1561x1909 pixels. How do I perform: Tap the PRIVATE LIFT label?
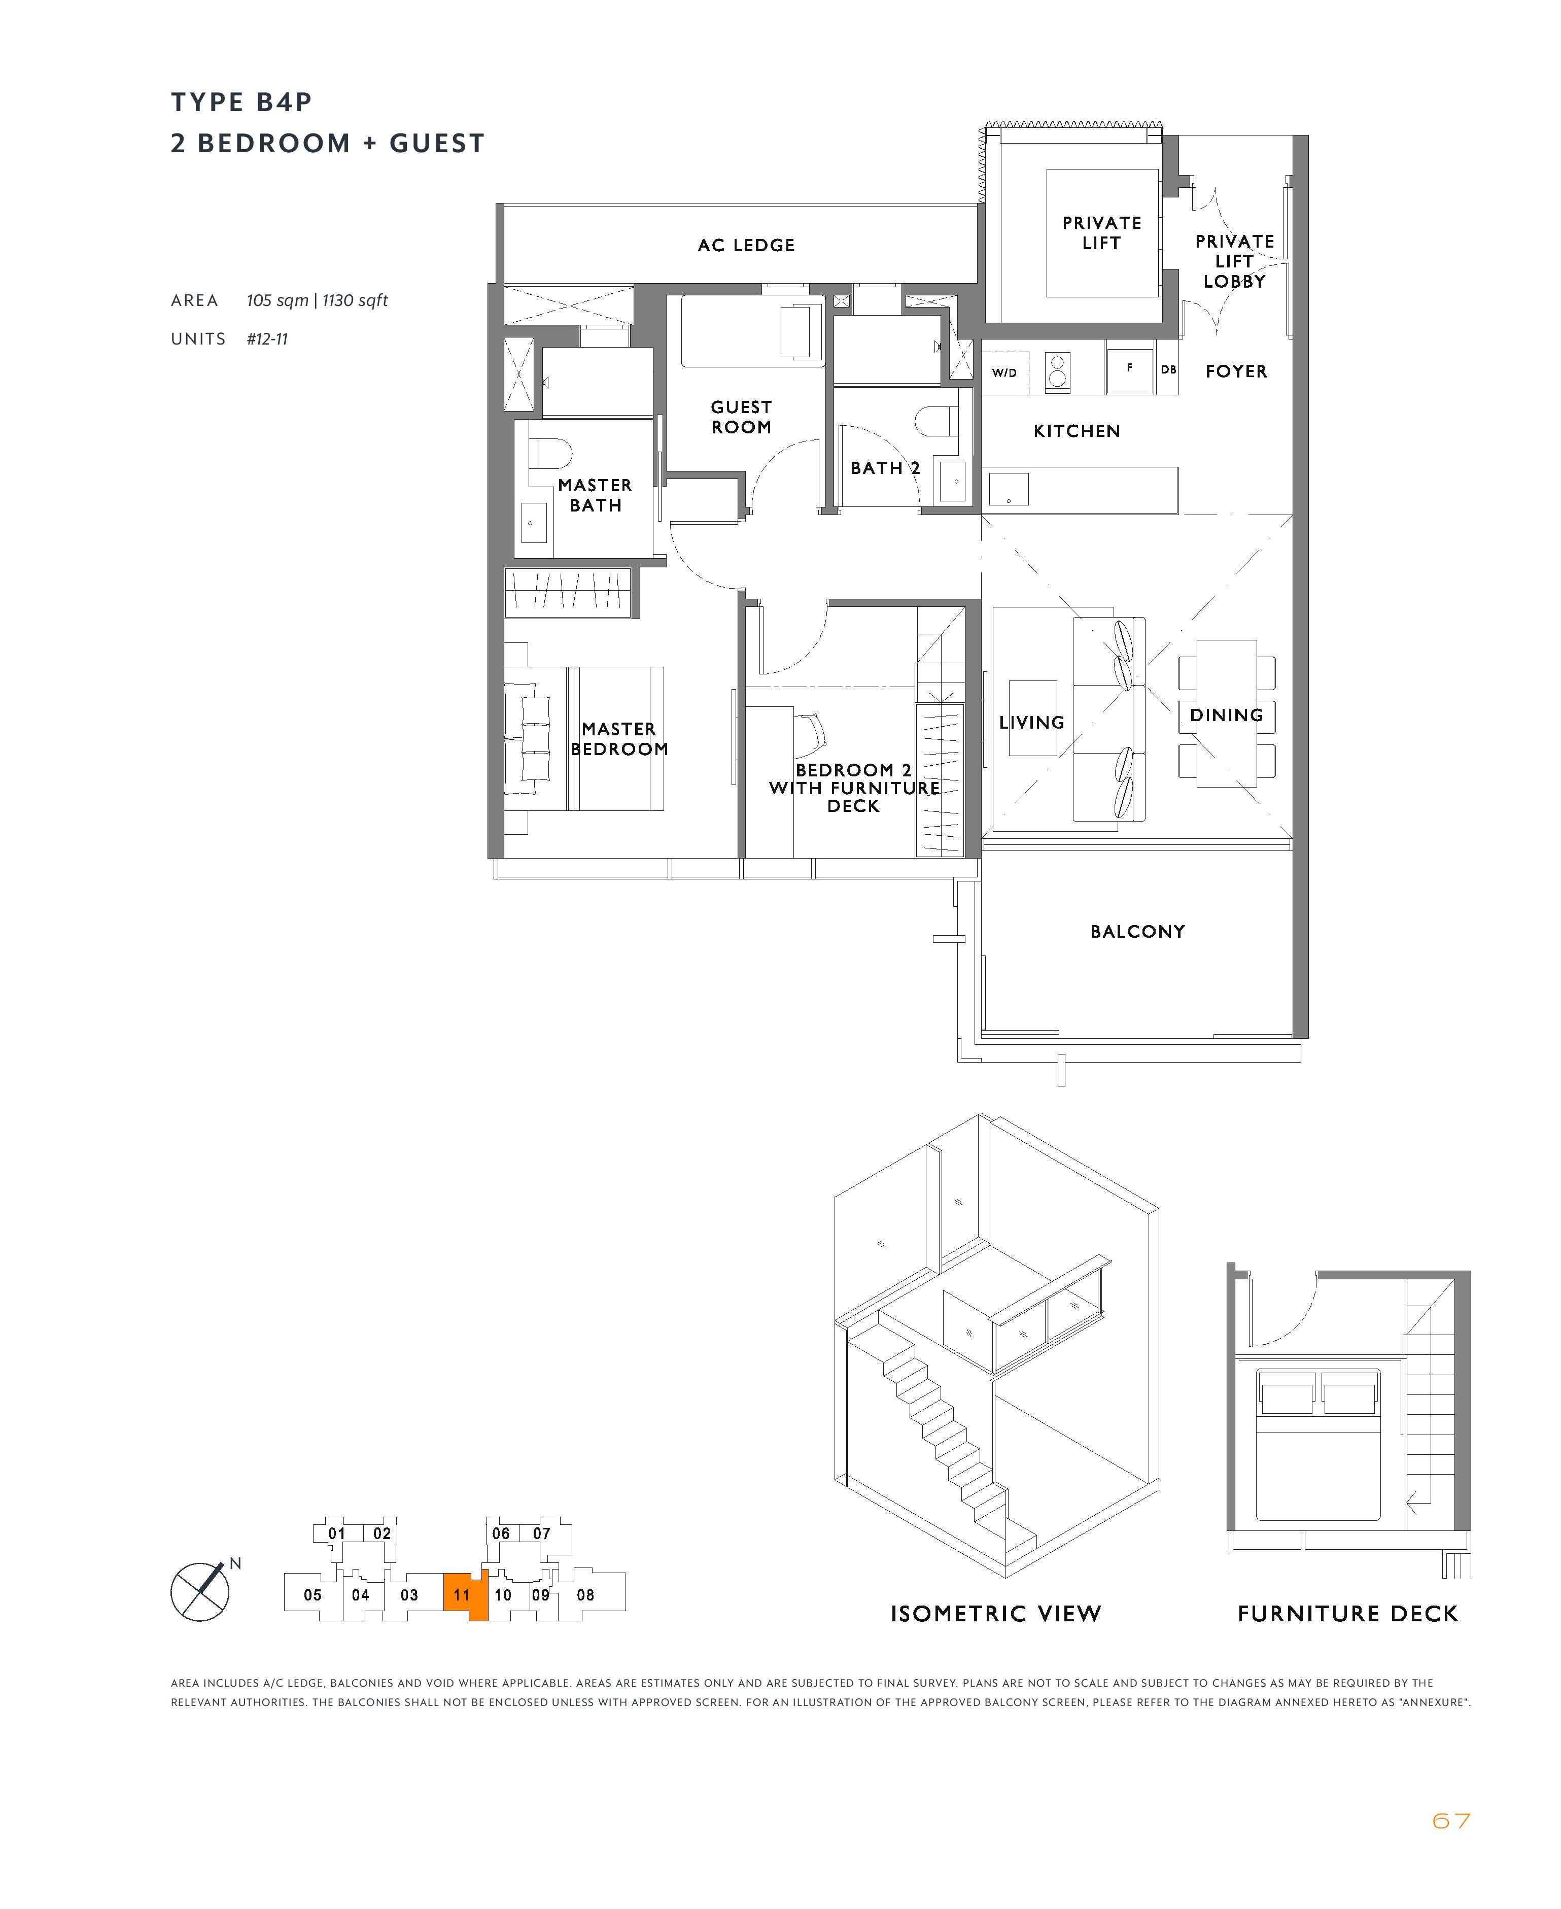[x=1101, y=233]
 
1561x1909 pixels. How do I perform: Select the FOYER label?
[x=1236, y=371]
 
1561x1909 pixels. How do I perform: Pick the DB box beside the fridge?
[x=1168, y=369]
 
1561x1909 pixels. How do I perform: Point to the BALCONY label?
[x=1137, y=932]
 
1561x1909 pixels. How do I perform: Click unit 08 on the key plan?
[x=585, y=1594]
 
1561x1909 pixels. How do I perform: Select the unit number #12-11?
[x=267, y=339]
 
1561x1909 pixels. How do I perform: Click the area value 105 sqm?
[x=278, y=300]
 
